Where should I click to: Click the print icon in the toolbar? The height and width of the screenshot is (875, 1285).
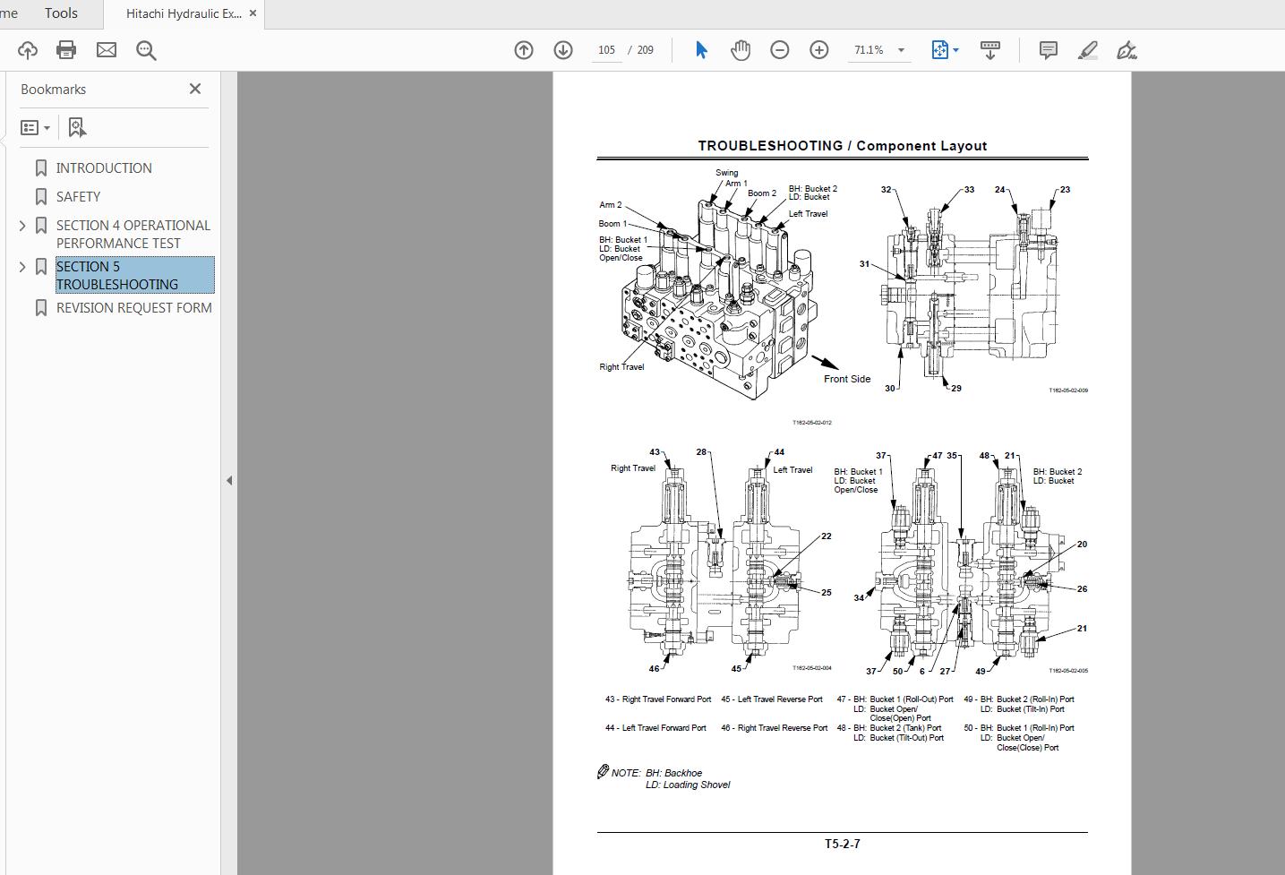(x=66, y=50)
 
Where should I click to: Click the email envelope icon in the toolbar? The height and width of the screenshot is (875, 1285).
(x=107, y=50)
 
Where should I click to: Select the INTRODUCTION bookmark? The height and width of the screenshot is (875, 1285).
(x=104, y=168)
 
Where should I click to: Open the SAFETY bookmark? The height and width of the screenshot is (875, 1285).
(x=78, y=197)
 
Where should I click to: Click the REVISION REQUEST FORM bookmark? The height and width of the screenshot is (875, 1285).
(x=133, y=308)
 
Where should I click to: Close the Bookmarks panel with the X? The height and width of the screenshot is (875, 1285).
(x=195, y=89)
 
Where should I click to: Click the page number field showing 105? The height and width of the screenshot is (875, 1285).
(x=606, y=50)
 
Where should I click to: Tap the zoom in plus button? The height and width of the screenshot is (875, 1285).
(x=818, y=50)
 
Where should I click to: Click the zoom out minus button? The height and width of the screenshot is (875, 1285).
(x=779, y=50)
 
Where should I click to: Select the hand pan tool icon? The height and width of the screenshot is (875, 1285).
(x=740, y=50)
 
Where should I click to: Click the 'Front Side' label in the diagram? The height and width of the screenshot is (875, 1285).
(x=846, y=379)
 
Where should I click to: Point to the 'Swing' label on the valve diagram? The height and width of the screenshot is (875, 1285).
(x=726, y=173)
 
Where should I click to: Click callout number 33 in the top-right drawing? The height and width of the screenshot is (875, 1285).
(x=969, y=190)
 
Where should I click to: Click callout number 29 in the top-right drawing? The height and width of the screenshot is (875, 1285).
(x=956, y=389)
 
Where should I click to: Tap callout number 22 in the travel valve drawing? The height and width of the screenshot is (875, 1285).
(x=826, y=536)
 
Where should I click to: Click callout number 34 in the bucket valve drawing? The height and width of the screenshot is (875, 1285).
(x=859, y=598)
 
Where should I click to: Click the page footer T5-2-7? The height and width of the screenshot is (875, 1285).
(x=842, y=844)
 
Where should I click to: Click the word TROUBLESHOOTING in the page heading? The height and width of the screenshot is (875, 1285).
(x=769, y=146)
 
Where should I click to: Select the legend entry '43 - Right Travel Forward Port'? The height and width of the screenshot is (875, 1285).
(x=658, y=699)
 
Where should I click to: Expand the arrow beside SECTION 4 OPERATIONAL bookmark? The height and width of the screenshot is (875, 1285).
(x=22, y=226)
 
